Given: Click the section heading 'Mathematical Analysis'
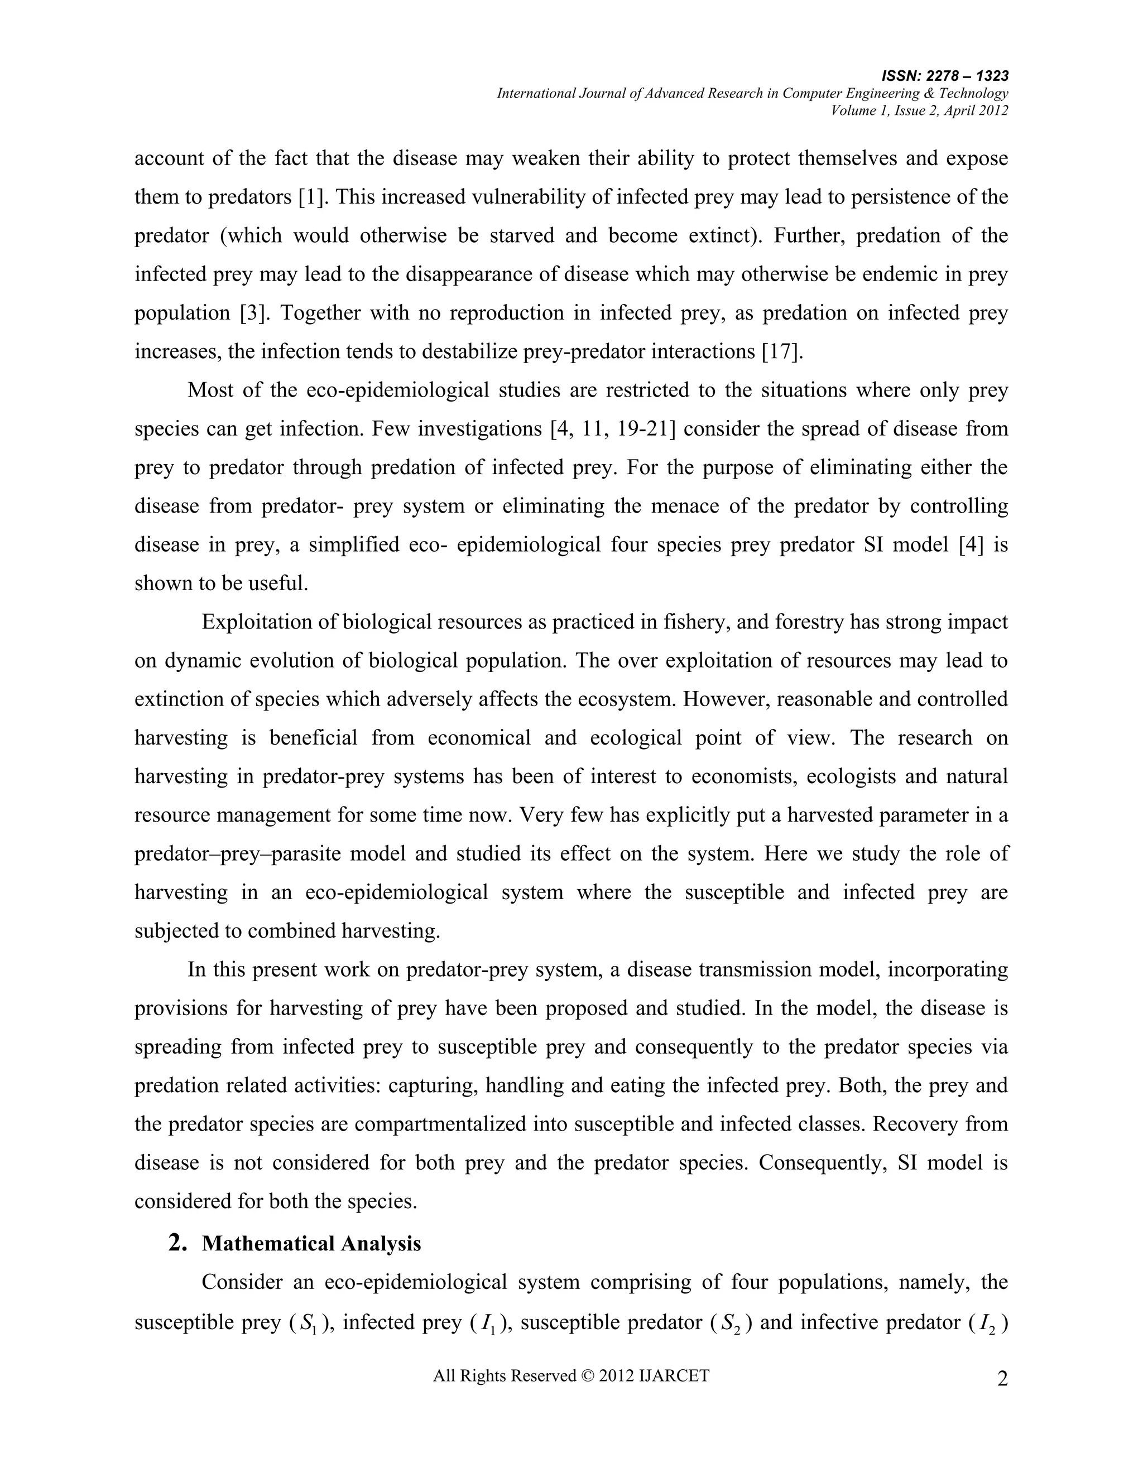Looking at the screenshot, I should pos(311,1244).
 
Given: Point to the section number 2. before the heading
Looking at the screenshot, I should pos(177,1243).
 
